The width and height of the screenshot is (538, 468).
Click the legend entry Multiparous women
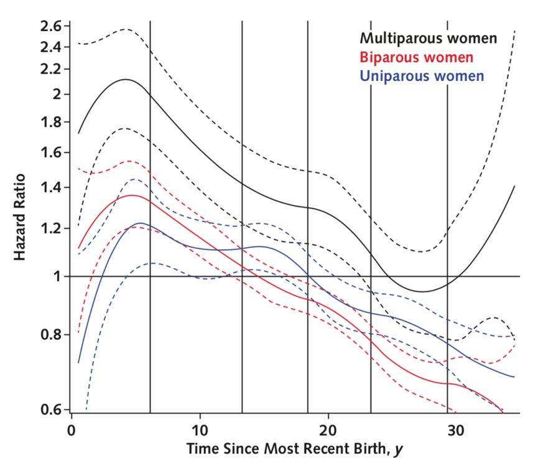click(429, 39)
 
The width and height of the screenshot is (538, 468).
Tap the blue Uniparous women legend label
click(422, 76)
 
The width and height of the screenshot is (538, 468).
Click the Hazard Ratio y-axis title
click(21, 217)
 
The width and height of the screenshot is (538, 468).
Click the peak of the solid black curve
click(126, 79)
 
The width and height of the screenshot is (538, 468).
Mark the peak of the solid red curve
click(132, 195)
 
